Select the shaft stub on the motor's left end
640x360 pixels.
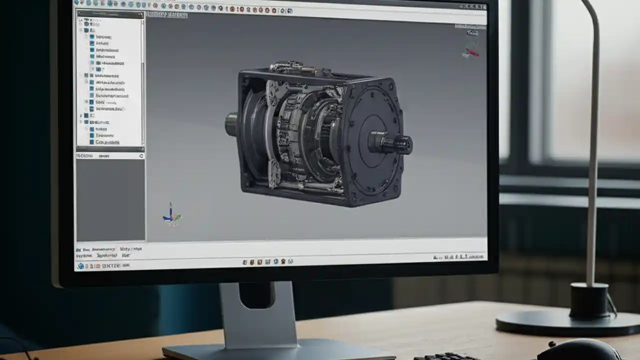click(231, 124)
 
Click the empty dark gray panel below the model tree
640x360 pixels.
click(110, 200)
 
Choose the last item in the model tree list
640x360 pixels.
click(107, 142)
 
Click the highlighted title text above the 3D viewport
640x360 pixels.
click(167, 15)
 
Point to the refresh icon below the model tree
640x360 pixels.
click(141, 156)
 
